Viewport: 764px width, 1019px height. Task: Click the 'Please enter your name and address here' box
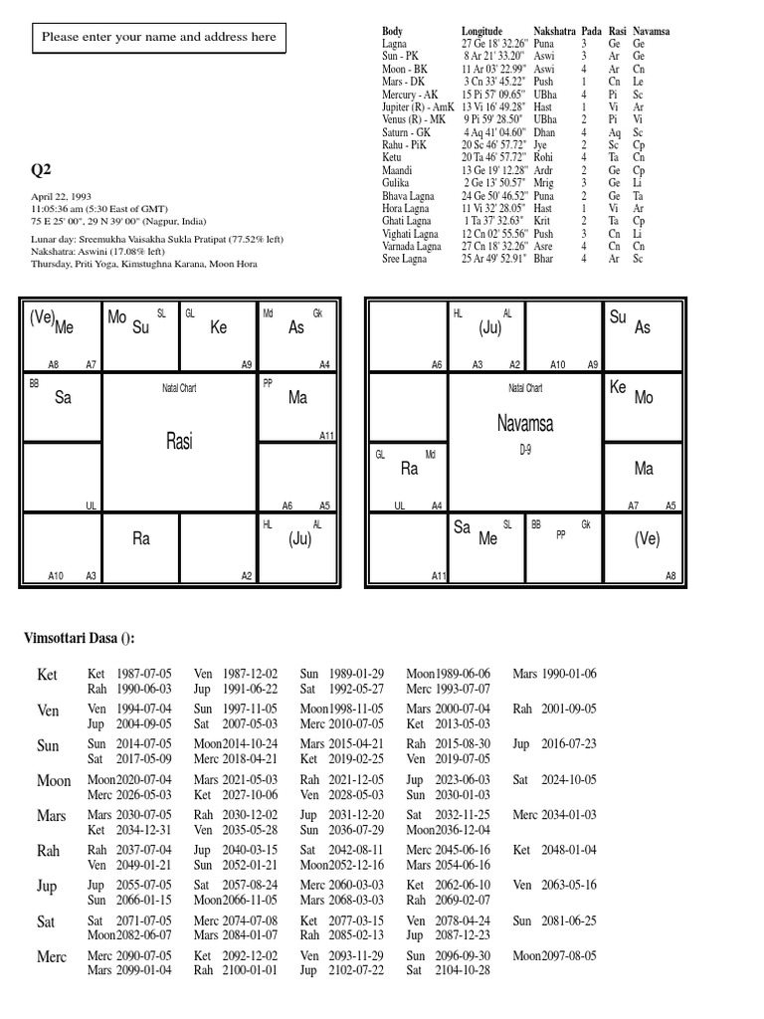[159, 38]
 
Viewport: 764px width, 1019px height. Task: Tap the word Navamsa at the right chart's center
[524, 424]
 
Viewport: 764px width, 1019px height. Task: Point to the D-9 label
[525, 450]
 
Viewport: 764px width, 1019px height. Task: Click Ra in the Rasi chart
[140, 538]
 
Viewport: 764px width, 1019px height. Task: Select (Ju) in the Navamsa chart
[489, 326]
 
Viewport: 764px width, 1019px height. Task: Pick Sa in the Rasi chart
[63, 397]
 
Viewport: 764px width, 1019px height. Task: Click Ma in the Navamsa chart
[644, 468]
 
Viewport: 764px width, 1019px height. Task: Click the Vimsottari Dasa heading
[79, 638]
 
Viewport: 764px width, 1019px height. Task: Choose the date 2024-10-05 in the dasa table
[562, 781]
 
